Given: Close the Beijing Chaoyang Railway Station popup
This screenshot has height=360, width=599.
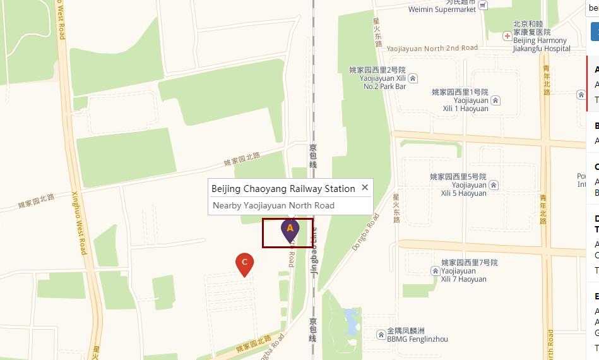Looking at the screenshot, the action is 365,188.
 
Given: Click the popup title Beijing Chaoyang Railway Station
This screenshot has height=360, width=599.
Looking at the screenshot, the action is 283,189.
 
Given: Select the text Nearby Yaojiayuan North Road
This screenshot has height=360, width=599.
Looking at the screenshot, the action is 273,205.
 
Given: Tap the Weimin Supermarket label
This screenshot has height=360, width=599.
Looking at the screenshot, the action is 442,9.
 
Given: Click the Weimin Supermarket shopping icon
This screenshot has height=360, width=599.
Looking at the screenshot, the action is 483,5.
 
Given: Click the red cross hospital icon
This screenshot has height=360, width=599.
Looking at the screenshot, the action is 507,36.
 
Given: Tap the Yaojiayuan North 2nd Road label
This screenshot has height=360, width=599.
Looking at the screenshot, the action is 432,49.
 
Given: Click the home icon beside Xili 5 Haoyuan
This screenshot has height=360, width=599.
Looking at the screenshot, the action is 494,185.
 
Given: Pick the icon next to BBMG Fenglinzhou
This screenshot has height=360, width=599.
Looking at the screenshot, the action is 381,334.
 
